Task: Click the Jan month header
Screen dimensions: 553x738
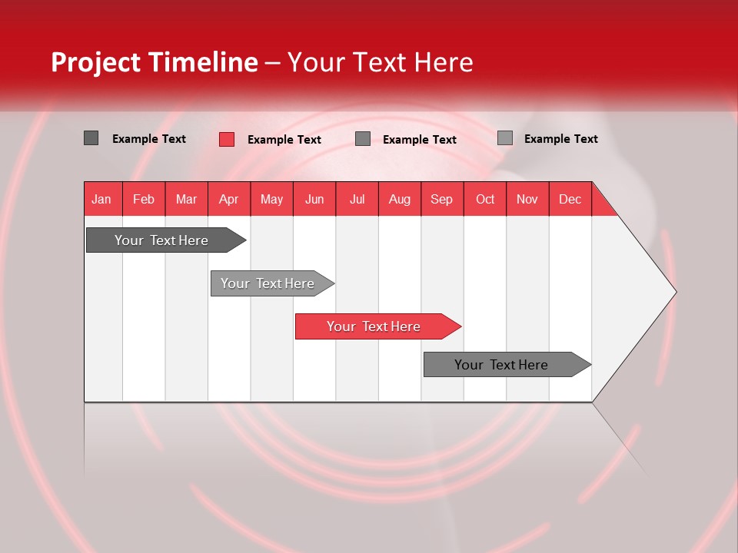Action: coord(101,199)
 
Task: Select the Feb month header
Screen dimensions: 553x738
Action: coord(144,199)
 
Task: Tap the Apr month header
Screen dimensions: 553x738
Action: coord(229,199)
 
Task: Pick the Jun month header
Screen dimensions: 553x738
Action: coord(314,199)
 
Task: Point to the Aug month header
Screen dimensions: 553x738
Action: coord(400,199)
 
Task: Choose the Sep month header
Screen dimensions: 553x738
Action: coord(442,199)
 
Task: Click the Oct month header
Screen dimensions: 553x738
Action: coord(485,199)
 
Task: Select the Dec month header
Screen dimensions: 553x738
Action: coord(570,199)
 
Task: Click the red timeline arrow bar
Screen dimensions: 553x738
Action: coord(375,326)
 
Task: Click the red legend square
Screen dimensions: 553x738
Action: coord(227,139)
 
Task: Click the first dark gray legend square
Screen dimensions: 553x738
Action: coord(91,138)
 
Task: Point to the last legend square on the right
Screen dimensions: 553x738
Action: coord(505,138)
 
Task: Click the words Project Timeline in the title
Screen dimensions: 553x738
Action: coord(155,62)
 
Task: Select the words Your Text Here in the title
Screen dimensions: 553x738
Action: coord(380,62)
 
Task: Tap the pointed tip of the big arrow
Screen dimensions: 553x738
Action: coord(673,292)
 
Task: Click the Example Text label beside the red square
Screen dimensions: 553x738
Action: coord(284,140)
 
